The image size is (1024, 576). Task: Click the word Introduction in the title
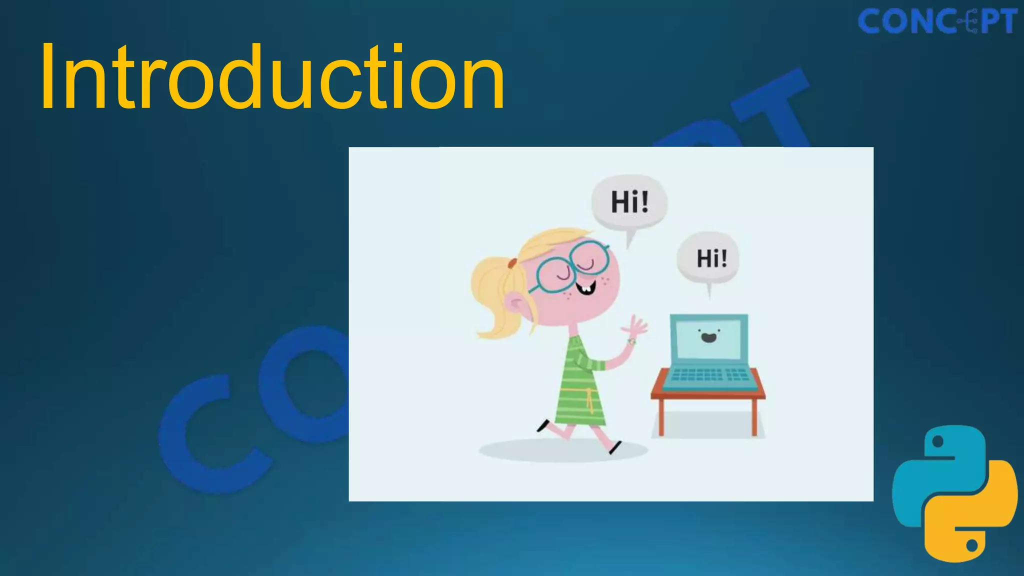point(272,77)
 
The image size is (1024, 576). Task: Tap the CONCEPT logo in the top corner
point(937,21)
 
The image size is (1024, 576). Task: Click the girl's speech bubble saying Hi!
point(629,202)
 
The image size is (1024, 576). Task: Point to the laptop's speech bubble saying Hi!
point(708,258)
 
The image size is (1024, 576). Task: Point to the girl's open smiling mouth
point(585,288)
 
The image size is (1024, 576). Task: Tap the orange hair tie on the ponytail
point(511,262)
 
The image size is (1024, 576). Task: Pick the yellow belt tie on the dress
point(589,400)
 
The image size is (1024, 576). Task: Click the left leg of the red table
point(661,417)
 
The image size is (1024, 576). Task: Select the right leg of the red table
point(754,417)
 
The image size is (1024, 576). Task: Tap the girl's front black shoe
point(615,447)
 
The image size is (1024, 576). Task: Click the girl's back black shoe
point(543,426)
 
